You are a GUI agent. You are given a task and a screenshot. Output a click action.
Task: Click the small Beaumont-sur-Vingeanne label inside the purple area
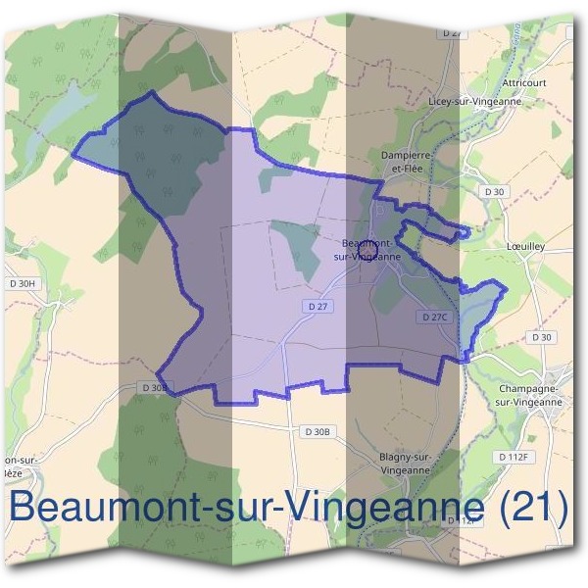(368, 249)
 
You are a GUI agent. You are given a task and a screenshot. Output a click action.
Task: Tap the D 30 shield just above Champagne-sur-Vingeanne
(542, 337)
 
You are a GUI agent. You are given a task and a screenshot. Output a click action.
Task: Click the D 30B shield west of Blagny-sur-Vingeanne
(318, 431)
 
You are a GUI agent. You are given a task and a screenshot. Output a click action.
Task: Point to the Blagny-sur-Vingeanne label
(404, 463)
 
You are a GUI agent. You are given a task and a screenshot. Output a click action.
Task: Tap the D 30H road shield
(21, 284)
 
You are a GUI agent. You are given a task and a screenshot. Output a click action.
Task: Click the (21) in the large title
(531, 508)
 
